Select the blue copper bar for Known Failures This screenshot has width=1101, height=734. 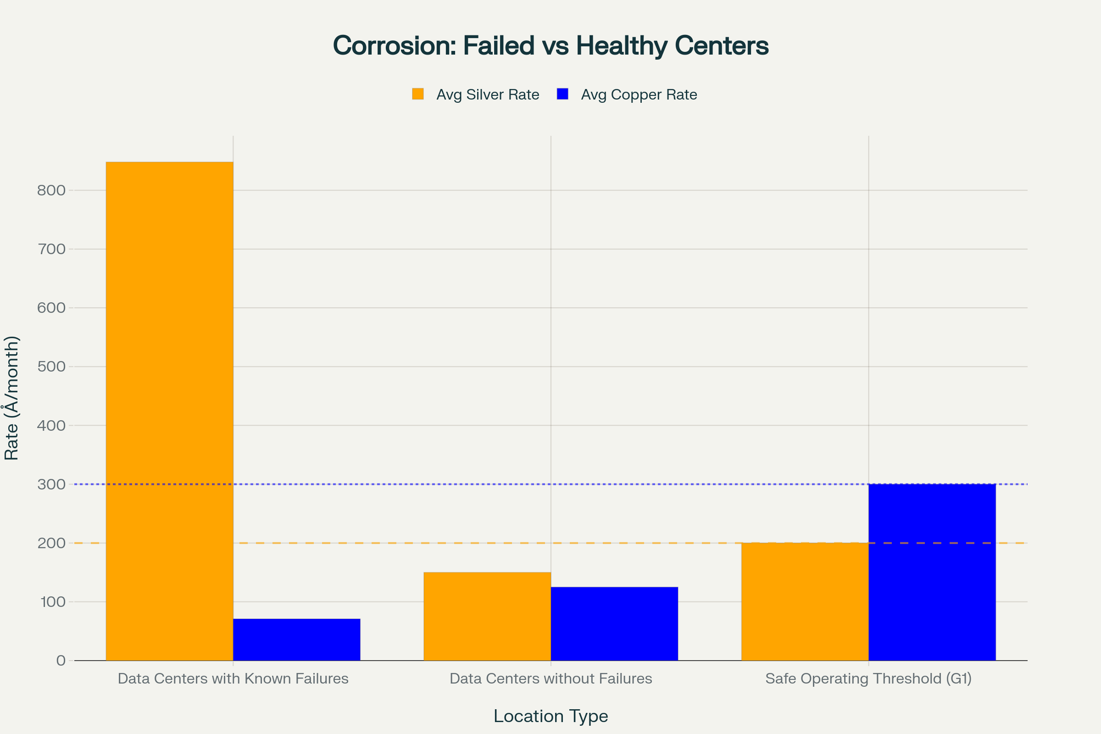[296, 639]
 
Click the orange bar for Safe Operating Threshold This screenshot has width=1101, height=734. [805, 601]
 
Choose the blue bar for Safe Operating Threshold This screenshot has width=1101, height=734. [932, 572]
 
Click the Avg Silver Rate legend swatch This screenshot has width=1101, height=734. [418, 94]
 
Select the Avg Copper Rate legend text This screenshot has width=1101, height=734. [639, 95]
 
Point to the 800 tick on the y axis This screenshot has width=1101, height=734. [51, 190]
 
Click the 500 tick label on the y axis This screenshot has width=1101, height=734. [51, 367]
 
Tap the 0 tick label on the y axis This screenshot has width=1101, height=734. [61, 661]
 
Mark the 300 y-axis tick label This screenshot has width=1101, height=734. [51, 484]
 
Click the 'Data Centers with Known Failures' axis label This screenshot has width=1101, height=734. [233, 678]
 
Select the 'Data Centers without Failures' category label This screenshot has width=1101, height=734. [550, 678]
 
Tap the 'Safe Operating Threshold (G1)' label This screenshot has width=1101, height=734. [868, 678]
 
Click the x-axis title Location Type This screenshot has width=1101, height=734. [550, 716]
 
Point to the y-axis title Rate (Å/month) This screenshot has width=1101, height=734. [11, 398]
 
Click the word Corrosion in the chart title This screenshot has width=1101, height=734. [393, 46]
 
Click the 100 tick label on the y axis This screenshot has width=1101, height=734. [53, 601]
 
